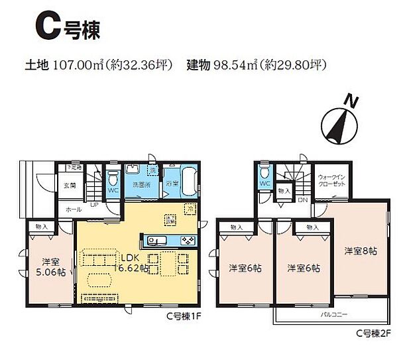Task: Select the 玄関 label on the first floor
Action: pos(70,186)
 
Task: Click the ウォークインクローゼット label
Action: pos(331,181)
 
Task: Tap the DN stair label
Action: pos(302,200)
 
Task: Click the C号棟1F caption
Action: pos(183,317)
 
